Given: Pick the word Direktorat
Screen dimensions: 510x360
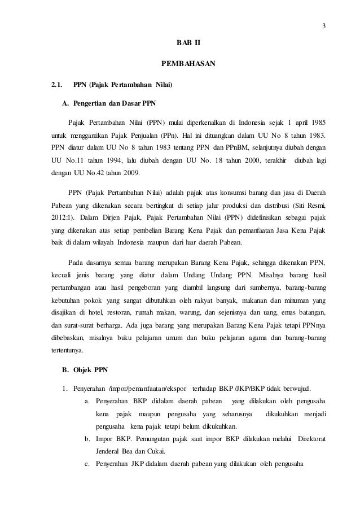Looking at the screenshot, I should coord(307,438).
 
